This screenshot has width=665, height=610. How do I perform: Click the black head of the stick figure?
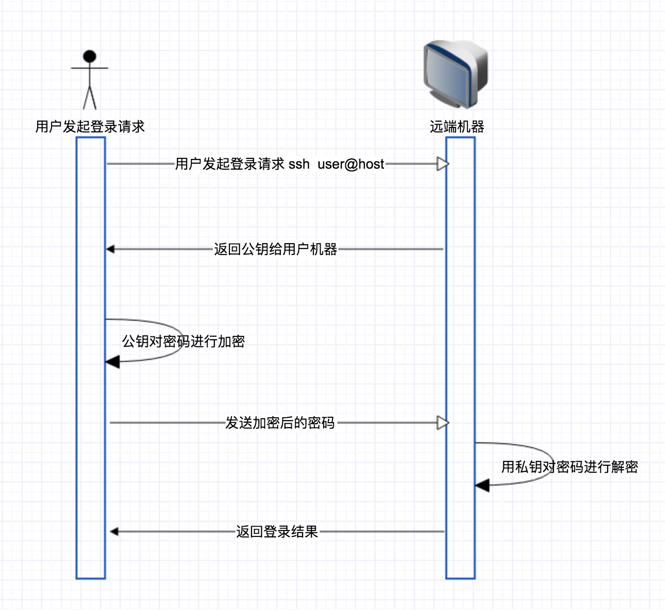[89, 56]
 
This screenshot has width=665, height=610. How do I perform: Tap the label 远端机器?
[457, 127]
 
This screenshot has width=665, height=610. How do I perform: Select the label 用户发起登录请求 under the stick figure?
[90, 127]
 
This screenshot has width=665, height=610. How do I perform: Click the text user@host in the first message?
[351, 164]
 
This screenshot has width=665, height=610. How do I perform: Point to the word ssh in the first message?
[299, 164]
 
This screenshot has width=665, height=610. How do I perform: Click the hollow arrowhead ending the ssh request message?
[443, 164]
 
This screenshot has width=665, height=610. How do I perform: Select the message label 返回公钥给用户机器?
[275, 250]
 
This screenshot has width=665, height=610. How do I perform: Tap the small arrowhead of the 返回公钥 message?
[110, 249]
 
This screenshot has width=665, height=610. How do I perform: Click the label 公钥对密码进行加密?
[183, 341]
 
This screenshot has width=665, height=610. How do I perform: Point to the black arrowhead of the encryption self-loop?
[112, 362]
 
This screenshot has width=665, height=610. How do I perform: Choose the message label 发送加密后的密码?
[280, 423]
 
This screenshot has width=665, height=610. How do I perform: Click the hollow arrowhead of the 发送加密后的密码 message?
[443, 423]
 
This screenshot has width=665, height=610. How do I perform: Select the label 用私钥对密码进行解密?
[569, 467]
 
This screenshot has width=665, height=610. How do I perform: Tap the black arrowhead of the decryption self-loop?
[482, 486]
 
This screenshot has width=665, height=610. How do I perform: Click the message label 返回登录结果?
[277, 532]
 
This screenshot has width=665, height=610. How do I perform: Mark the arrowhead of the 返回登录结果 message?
[114, 532]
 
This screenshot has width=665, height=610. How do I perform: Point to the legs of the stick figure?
[89, 98]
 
